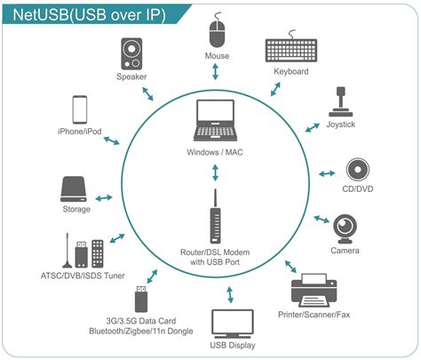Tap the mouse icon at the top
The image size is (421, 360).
coord(218,35)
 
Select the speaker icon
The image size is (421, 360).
coord(131,54)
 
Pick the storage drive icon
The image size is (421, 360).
coord(75,188)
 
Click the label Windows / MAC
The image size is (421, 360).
coord(214,153)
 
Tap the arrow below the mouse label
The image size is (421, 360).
coord(218,76)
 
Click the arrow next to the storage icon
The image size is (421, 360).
coord(106,197)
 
